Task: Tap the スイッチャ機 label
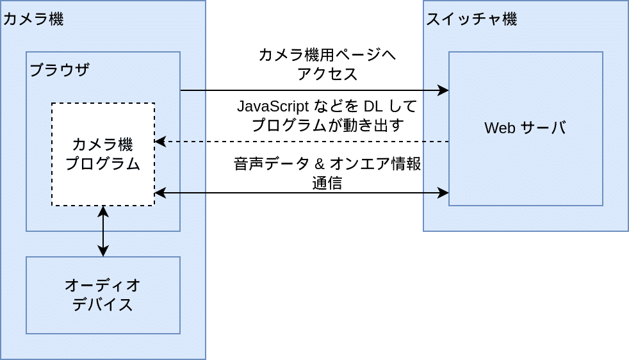[471, 19]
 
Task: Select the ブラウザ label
[60, 70]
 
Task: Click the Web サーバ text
[525, 127]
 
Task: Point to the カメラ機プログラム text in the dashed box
[103, 154]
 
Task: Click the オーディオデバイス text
[102, 294]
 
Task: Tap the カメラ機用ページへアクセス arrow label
[327, 64]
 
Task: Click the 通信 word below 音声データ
[327, 184]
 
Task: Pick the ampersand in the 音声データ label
[318, 165]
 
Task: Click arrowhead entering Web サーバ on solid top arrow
[443, 90]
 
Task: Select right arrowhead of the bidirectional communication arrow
[443, 192]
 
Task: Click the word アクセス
[327, 74]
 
